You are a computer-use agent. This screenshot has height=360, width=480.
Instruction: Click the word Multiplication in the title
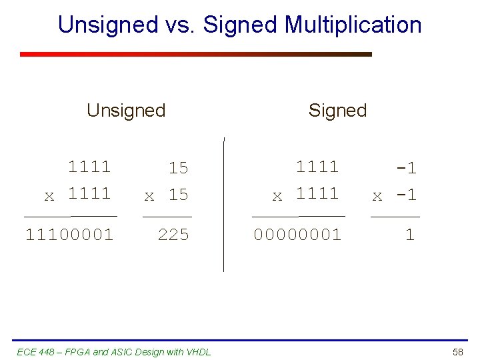[353, 25]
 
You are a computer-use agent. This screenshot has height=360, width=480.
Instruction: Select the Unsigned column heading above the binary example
[126, 110]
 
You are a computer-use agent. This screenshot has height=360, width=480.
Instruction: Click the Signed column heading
[337, 110]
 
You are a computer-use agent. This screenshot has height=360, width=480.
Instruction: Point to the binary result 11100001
[69, 235]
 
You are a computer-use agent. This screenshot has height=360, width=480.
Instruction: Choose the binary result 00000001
[297, 235]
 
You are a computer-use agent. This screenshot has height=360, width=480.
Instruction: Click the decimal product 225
[173, 235]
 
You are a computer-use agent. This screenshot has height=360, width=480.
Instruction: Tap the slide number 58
[458, 351]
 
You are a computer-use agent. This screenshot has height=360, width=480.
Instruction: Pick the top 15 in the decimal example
[178, 169]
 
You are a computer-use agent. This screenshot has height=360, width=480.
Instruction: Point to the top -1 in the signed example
[406, 169]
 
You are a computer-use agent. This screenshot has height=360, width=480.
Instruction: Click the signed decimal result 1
[410, 235]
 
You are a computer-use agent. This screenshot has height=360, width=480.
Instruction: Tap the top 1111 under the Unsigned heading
[89, 166]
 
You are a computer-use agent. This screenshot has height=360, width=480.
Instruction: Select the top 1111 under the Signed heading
[317, 166]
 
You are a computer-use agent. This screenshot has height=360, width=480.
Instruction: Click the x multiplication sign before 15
[149, 196]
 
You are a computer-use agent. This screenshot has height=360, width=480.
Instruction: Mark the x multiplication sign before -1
[377, 196]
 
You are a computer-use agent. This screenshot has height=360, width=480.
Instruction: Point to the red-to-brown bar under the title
[195, 54]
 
